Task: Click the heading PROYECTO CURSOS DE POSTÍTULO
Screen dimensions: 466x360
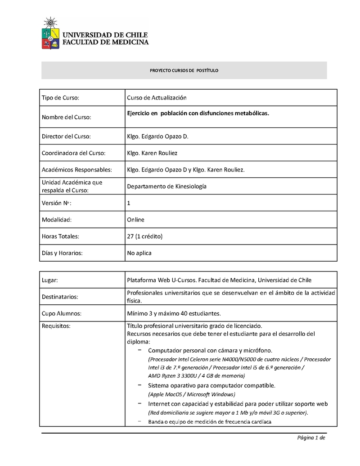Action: tap(184, 71)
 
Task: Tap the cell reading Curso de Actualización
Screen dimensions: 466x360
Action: tap(157, 98)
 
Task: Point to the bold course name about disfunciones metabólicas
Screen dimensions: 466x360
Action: tap(198, 113)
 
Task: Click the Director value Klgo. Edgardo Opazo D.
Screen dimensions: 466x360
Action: tap(157, 136)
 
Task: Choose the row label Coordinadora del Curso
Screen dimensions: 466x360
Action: tap(73, 153)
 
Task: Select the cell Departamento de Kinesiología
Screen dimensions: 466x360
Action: tap(166, 186)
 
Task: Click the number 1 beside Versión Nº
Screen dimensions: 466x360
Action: tap(129, 203)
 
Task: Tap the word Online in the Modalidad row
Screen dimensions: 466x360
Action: tap(135, 220)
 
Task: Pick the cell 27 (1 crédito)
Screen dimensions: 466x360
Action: tap(144, 236)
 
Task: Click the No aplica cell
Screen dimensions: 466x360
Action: tap(139, 253)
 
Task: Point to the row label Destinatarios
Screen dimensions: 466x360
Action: tap(60, 297)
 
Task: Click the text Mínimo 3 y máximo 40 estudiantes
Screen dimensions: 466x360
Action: tap(174, 313)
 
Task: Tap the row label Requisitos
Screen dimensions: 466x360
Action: tap(56, 326)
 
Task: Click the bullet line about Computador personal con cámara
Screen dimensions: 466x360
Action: tap(210, 350)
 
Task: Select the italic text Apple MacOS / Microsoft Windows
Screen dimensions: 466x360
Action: tap(192, 394)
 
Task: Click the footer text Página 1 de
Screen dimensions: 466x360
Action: tap(310, 438)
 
